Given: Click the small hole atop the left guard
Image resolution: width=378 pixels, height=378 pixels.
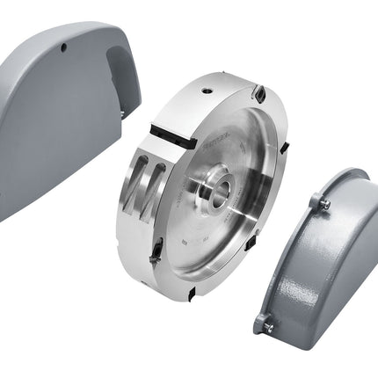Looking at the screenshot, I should coord(66,47).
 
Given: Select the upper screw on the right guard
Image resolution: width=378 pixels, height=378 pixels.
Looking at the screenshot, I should coord(323,203).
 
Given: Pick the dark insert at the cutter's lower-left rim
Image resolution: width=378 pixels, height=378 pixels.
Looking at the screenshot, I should coord(153,252).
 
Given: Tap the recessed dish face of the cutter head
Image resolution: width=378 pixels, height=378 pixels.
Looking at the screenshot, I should coord(229,220).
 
